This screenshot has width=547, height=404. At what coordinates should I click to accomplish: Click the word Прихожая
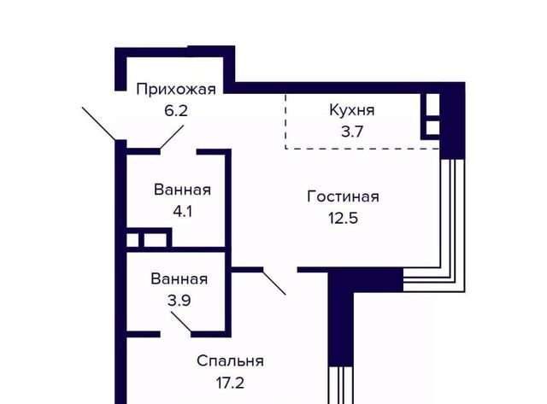tap(176, 90)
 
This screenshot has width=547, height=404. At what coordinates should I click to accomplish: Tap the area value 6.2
tap(176, 111)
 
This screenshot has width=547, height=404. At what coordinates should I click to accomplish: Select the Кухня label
tap(352, 110)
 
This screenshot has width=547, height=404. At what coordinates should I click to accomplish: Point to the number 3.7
tap(352, 132)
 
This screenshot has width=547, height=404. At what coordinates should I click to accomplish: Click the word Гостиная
tap(344, 196)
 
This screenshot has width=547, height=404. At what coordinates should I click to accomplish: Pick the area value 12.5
tap(344, 218)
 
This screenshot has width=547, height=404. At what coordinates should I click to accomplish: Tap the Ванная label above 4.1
tap(182, 190)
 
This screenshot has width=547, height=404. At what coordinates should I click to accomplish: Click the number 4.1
tap(183, 212)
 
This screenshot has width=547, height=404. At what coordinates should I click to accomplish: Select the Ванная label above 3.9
tap(179, 278)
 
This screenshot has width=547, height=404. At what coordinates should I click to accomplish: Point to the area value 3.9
tap(179, 301)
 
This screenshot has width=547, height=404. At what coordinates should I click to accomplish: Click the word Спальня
tap(230, 361)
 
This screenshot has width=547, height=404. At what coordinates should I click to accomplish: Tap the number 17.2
tap(230, 384)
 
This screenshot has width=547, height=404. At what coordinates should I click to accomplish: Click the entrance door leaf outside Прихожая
tap(99, 123)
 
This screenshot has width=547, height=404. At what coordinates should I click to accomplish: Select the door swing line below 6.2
tap(172, 138)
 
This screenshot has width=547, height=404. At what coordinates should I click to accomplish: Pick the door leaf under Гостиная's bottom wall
tap(273, 282)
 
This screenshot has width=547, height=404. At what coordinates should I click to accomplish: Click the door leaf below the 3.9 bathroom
tap(181, 321)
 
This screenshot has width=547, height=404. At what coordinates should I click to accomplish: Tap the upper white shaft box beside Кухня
tap(433, 104)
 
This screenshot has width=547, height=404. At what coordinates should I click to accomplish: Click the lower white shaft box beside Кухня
tap(433, 127)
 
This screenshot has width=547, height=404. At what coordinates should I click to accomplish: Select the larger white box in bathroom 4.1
tap(155, 240)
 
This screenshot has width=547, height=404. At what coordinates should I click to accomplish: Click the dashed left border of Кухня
tap(285, 121)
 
